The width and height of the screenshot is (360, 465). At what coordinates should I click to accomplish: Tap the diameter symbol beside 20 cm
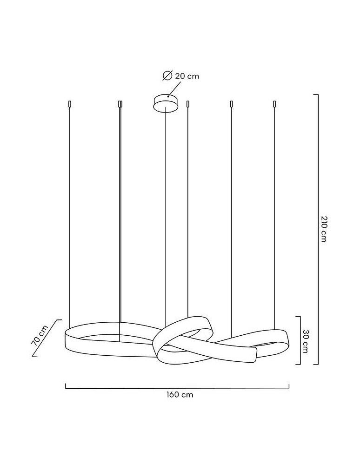[x=167, y=76]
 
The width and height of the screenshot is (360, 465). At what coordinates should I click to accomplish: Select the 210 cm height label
[x=324, y=229]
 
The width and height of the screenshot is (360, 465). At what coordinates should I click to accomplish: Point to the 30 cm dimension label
[x=305, y=341]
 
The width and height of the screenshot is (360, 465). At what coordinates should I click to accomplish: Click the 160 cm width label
[x=180, y=395]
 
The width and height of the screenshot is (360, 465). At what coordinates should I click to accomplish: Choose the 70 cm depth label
[x=40, y=335]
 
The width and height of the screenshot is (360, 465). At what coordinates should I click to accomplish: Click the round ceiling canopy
[x=166, y=103]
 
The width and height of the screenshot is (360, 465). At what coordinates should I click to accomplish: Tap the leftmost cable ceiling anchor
[x=69, y=104]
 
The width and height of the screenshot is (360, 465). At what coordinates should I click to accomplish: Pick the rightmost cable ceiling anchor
[x=274, y=104]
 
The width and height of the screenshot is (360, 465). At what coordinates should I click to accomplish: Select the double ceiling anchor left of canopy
[x=120, y=104]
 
